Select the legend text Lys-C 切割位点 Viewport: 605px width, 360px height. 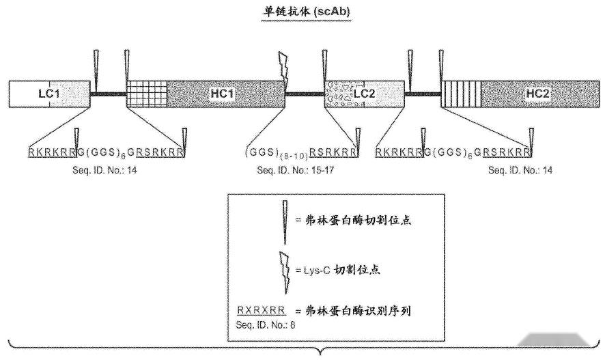[336, 270]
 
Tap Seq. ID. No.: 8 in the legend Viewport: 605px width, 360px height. [264, 323]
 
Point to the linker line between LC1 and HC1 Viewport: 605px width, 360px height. [108, 94]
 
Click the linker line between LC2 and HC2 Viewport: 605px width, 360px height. [423, 94]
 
